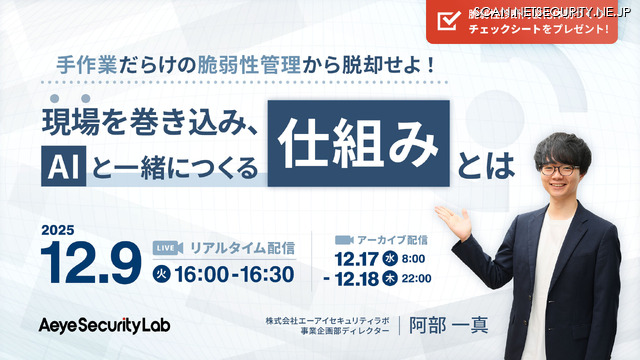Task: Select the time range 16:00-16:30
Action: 235,273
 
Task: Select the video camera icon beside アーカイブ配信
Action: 345,240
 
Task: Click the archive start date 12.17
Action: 356,257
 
